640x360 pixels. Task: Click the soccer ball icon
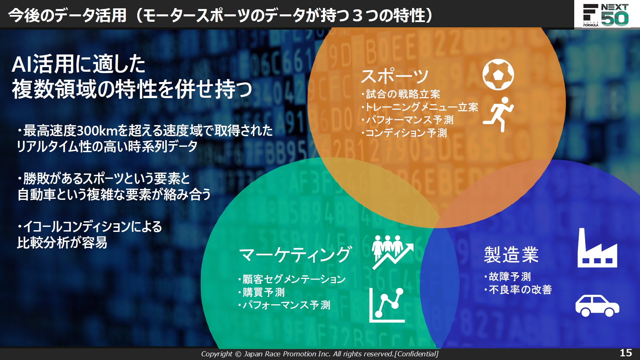coord(498,74)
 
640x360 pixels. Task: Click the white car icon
coord(597,305)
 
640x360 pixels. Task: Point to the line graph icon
coord(387,305)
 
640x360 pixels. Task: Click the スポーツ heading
coord(395,76)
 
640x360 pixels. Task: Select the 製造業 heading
coord(511,255)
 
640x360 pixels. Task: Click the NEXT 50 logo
coord(606,15)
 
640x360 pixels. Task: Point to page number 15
coord(626,353)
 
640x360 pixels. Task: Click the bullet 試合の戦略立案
coord(403,94)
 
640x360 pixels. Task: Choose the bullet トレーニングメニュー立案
coord(422,107)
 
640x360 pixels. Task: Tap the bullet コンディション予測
coord(406,133)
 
